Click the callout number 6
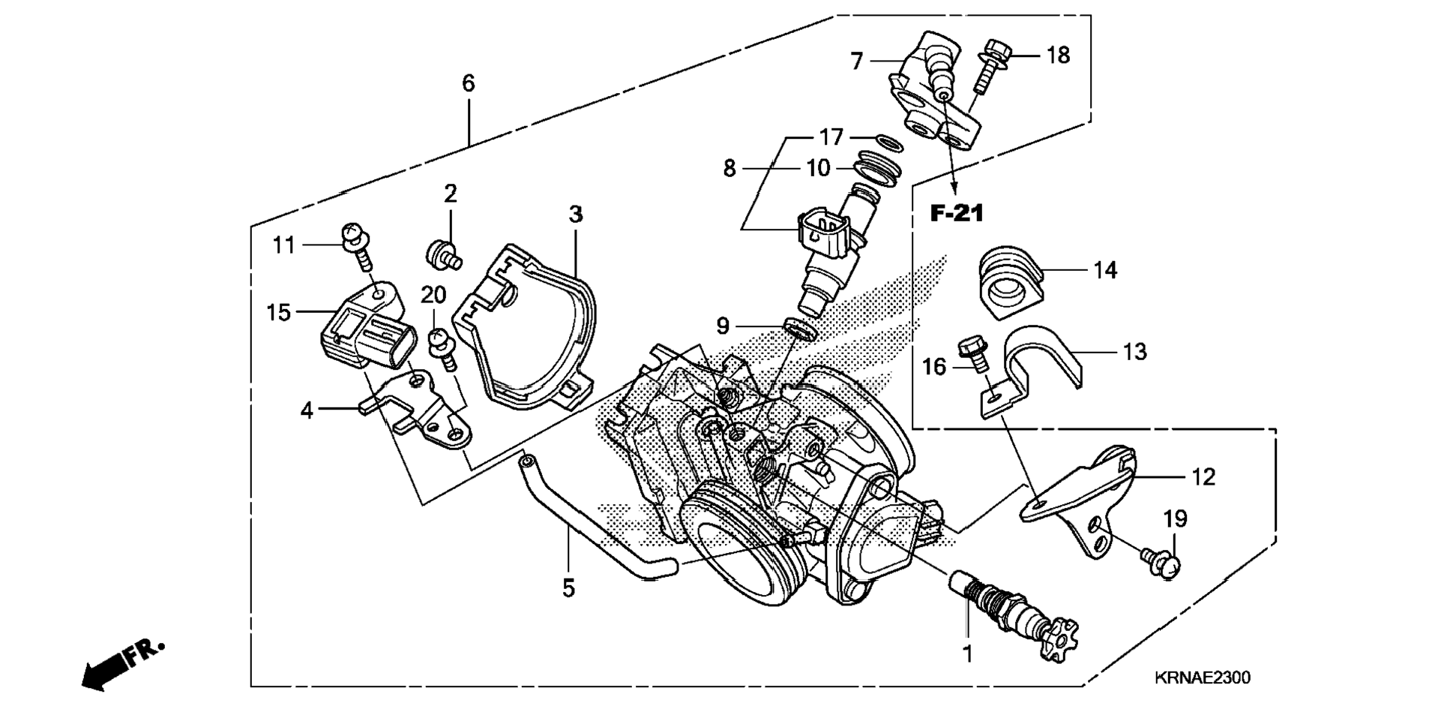(x=468, y=83)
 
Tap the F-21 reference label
(x=956, y=214)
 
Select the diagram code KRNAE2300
(x=1202, y=678)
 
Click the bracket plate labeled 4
(x=420, y=410)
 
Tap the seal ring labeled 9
(x=798, y=329)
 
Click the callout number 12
(x=1203, y=477)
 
